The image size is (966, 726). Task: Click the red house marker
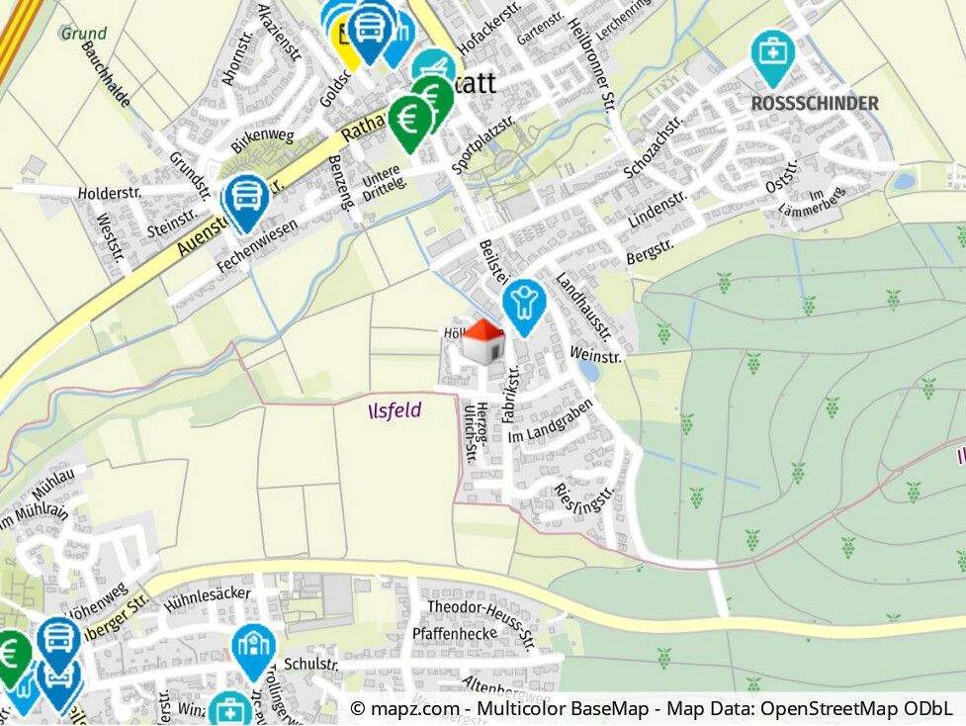[484, 341]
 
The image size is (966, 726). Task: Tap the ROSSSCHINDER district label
[815, 103]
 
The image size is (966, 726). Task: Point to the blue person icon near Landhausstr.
[522, 304]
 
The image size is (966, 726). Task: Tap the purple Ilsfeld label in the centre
[395, 409]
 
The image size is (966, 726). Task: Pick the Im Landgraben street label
[549, 420]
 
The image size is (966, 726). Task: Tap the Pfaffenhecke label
[455, 633]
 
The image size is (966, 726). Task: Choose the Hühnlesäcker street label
[208, 595]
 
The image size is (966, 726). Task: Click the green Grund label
[83, 33]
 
